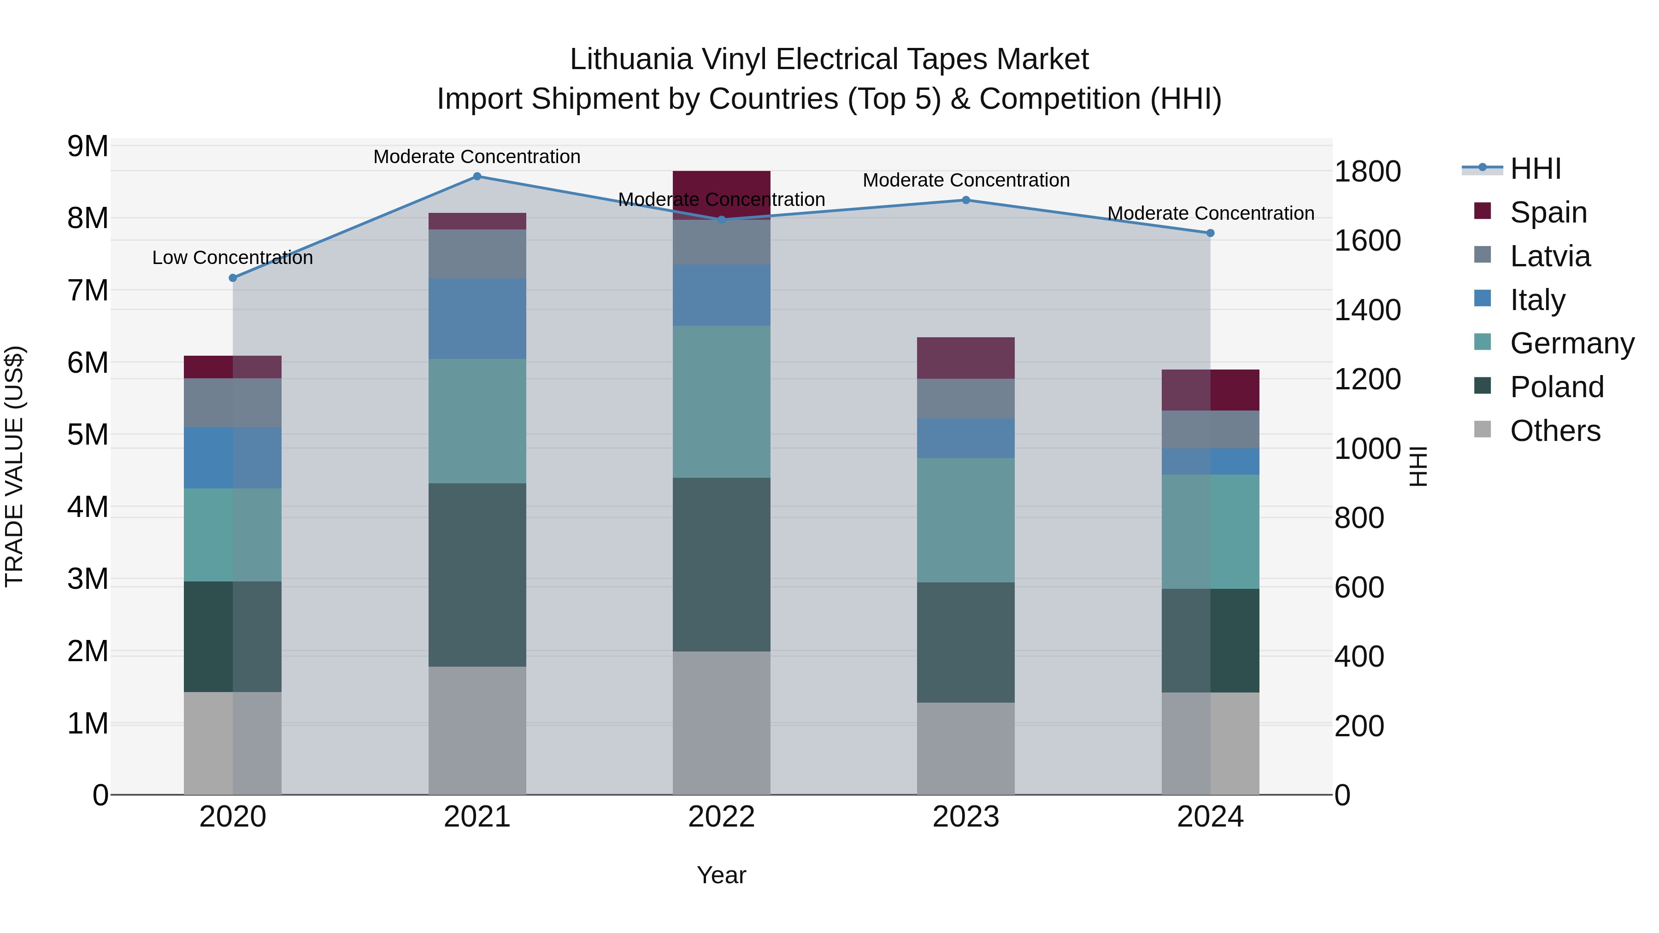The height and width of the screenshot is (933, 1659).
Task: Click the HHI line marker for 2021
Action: tap(477, 176)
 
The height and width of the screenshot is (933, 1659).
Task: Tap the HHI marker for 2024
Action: tap(1210, 233)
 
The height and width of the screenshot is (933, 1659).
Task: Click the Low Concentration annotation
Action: tap(233, 258)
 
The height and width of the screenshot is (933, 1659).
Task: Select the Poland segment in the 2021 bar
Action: tap(477, 575)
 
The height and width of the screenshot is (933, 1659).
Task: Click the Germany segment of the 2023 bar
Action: tap(965, 520)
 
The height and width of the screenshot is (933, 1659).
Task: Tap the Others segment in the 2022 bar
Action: tap(721, 722)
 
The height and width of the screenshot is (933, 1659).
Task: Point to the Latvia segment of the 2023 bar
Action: tap(965, 398)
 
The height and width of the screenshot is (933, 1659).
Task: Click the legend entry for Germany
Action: tap(1571, 343)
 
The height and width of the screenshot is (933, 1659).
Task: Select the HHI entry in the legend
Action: tap(1535, 169)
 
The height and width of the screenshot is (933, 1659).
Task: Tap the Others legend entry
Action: tap(1555, 431)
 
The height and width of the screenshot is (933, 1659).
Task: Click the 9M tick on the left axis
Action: tap(88, 146)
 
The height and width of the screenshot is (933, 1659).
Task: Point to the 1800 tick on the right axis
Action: tap(1367, 171)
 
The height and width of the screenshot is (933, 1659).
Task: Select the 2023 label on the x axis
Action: tap(965, 817)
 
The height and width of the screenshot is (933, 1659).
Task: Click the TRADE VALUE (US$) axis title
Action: tap(14, 466)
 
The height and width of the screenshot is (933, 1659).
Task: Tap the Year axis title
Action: tap(721, 875)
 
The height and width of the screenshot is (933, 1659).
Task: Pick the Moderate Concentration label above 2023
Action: tap(965, 180)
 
